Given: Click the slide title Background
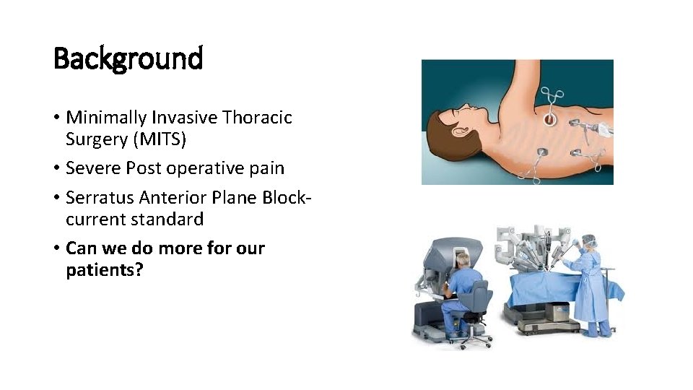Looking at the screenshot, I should [128, 58].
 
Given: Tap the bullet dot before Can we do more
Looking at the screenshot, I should [57, 249].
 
